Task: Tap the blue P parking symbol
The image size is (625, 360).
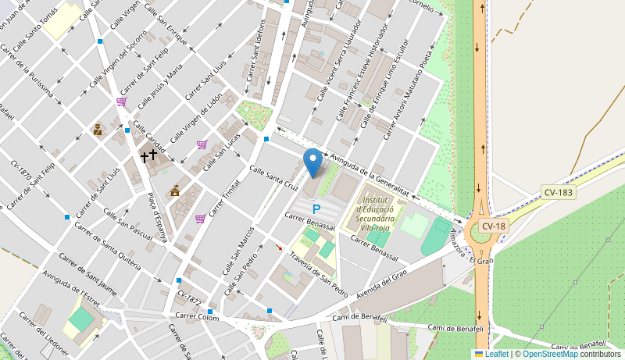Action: tap(316, 209)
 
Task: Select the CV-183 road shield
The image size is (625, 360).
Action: tap(559, 191)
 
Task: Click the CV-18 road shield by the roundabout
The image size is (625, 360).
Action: tap(494, 226)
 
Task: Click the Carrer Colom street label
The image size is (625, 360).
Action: tap(197, 316)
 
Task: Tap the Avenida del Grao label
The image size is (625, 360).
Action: tap(382, 285)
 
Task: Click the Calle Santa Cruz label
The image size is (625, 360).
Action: tap(273, 178)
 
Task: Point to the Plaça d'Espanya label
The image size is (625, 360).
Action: tap(158, 216)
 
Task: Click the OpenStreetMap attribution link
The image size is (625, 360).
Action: tap(550, 354)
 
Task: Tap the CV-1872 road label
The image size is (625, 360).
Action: tap(189, 298)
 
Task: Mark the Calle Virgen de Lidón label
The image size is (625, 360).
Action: tap(196, 117)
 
